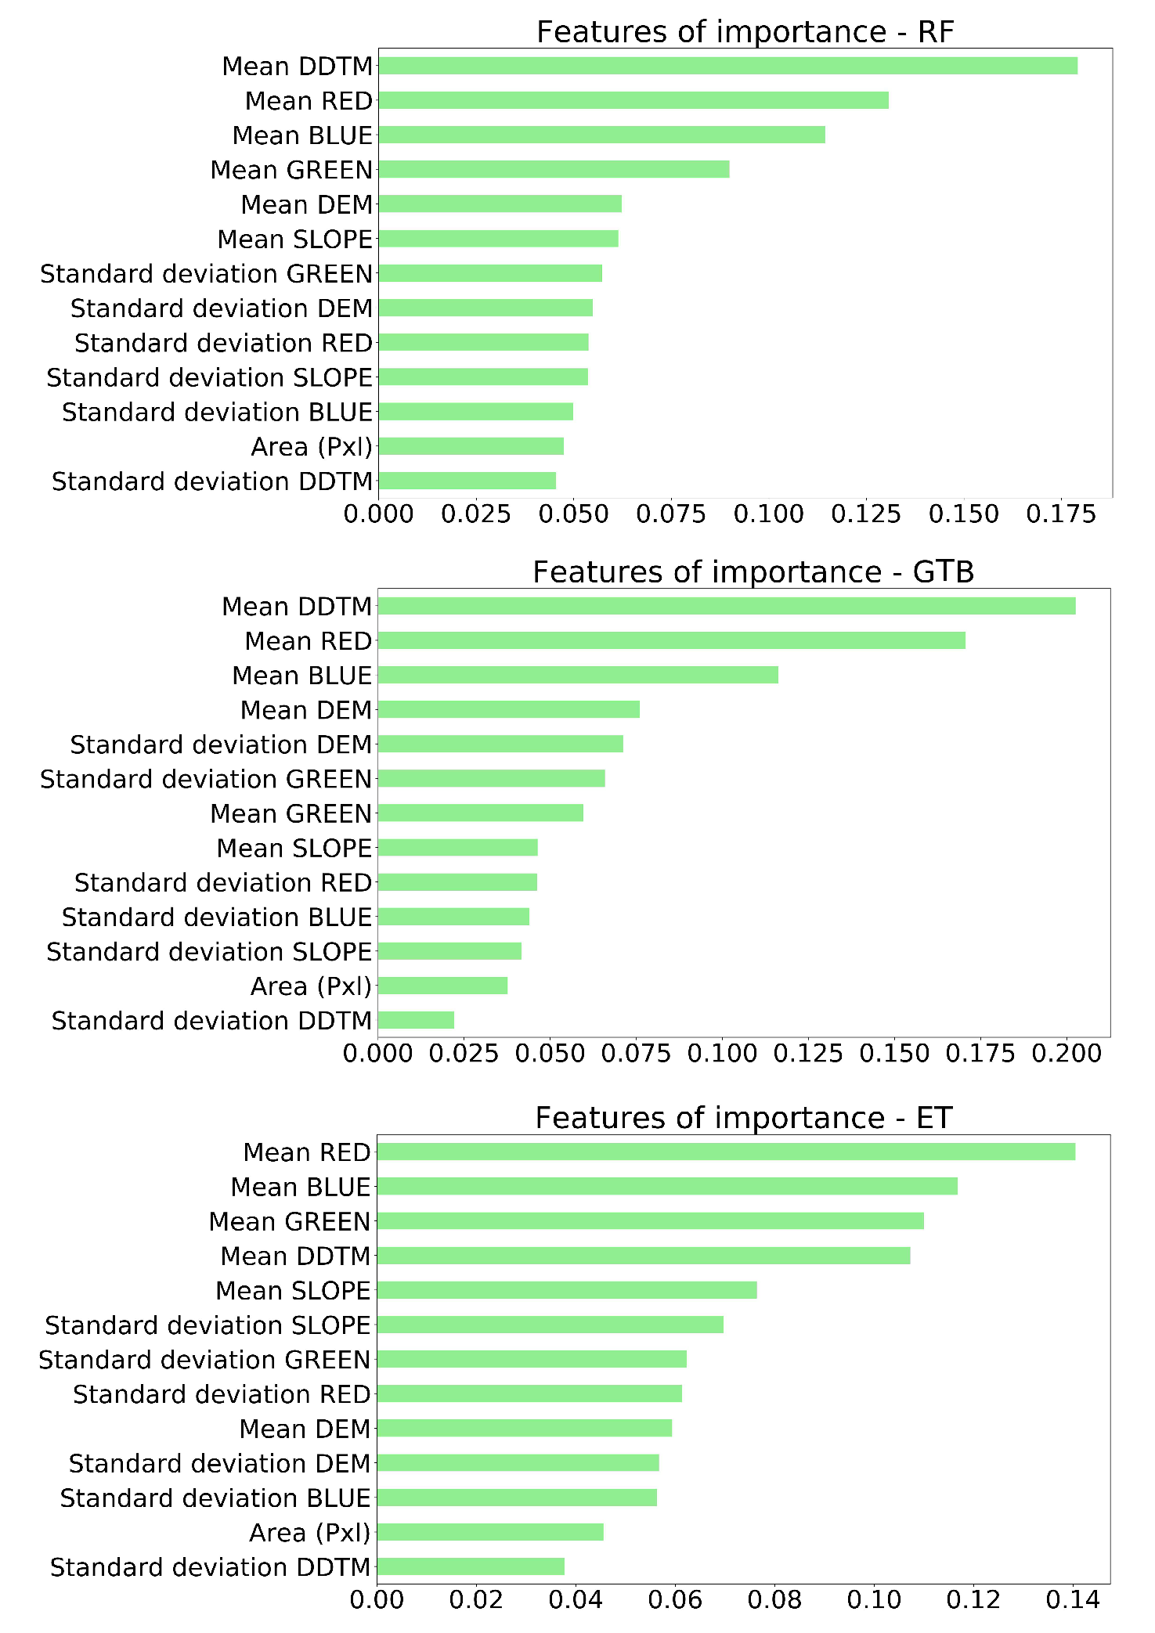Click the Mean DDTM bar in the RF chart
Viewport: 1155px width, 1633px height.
[727, 66]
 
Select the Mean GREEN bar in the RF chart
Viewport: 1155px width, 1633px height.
[554, 169]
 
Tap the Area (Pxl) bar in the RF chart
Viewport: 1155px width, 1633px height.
[471, 446]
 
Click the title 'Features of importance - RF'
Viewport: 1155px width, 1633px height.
[745, 32]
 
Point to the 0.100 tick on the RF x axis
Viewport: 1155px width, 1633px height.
[769, 514]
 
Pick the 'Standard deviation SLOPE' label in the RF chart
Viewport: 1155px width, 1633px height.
[209, 377]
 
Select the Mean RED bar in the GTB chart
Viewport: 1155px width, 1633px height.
[671, 640]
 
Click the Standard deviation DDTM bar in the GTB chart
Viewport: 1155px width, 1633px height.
[416, 1020]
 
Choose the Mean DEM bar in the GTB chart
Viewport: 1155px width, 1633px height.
[508, 709]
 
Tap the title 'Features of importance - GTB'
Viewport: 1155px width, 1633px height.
[753, 572]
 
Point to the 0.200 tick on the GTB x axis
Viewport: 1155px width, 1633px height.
[1067, 1054]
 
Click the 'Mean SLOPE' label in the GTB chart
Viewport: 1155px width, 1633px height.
[294, 848]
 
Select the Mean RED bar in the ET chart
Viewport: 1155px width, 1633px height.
[726, 1152]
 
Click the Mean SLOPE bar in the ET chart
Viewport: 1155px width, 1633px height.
[567, 1290]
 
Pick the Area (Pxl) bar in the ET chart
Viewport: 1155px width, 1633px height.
[490, 1532]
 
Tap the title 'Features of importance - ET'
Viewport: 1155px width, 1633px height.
[743, 1118]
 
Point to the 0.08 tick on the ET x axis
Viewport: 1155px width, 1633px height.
[774, 1599]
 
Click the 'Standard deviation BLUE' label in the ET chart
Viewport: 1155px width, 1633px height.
[215, 1498]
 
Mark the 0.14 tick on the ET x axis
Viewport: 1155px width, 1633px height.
[1073, 1599]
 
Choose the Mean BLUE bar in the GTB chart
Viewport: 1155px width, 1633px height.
[578, 675]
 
